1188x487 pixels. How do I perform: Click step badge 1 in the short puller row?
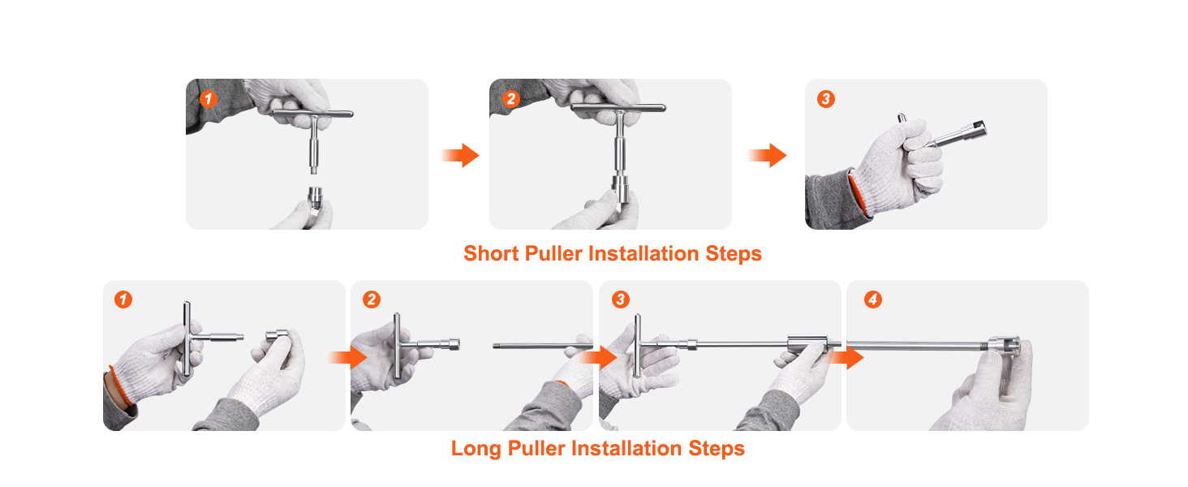209,99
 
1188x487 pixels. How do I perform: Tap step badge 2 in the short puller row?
510,99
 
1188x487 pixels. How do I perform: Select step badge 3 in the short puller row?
825,99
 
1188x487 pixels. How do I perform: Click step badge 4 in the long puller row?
872,300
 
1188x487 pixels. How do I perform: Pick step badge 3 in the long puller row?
620,300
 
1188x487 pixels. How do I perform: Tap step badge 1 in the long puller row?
123,300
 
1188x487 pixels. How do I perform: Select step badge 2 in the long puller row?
371,300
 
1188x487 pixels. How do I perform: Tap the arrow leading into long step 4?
849,356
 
